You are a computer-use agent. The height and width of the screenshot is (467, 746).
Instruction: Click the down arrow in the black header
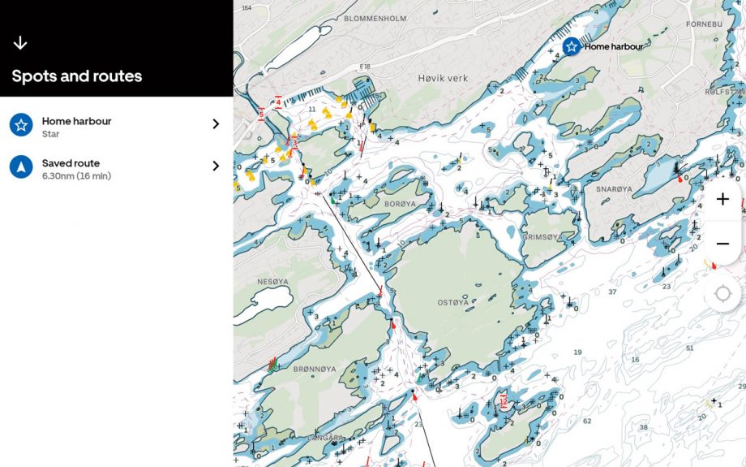tap(20, 43)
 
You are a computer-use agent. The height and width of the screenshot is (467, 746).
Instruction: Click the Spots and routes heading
tap(77, 76)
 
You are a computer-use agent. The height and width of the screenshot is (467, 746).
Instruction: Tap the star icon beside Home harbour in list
tap(21, 125)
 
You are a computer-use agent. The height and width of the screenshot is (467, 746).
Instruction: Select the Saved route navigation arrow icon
tap(21, 167)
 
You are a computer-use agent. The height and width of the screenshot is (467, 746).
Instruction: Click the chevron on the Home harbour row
tap(216, 124)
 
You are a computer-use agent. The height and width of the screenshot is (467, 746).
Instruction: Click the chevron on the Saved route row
tap(216, 166)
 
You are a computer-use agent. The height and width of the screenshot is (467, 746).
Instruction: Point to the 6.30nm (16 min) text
tap(76, 176)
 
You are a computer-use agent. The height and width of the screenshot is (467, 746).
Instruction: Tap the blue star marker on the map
tap(572, 46)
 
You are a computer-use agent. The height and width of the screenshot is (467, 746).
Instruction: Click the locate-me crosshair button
tap(722, 292)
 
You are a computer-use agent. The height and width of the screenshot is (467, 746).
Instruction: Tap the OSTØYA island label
tap(453, 302)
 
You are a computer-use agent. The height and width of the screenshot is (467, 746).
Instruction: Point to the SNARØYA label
tap(614, 188)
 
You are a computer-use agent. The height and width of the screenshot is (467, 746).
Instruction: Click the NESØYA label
tap(272, 282)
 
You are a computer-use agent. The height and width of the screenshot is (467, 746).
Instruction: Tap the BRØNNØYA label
tap(315, 369)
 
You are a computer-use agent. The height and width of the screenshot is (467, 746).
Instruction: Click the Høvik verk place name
tap(443, 78)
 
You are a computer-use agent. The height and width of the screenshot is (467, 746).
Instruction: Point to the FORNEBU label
tap(703, 24)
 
